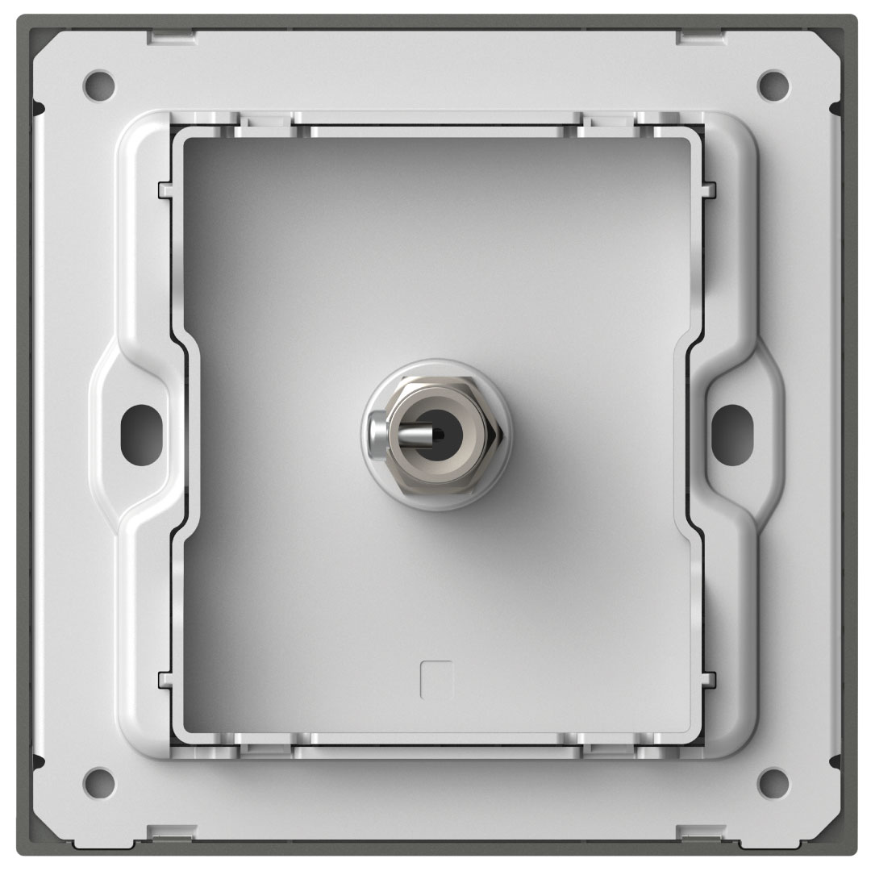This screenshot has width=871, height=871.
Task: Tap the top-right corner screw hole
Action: (772, 81)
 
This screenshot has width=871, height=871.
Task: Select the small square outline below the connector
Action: (436, 679)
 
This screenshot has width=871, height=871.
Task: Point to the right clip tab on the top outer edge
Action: (700, 36)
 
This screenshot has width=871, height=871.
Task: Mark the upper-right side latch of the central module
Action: (707, 190)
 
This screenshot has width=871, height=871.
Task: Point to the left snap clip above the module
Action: (267, 121)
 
